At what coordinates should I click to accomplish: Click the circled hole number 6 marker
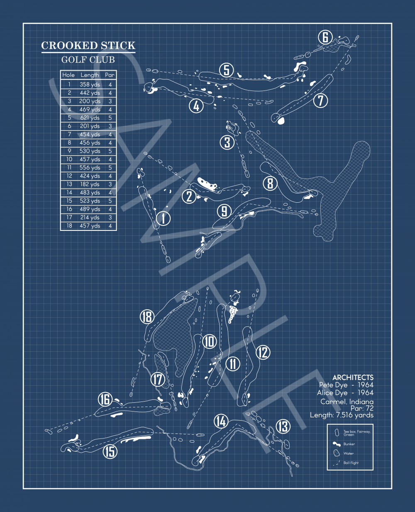(x=325, y=37)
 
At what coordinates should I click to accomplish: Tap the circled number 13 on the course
(x=283, y=426)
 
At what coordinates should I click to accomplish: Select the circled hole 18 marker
(x=147, y=317)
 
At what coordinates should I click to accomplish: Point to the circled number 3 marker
(x=227, y=142)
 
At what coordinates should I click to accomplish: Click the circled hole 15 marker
(x=110, y=451)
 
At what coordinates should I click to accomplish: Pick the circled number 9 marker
(x=224, y=211)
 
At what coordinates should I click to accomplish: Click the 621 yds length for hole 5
(x=90, y=118)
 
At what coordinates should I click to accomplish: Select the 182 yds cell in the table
(x=90, y=184)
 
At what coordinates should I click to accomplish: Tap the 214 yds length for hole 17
(x=90, y=218)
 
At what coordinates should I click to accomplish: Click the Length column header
(x=90, y=75)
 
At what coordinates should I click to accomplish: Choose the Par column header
(x=110, y=75)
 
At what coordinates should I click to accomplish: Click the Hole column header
(x=68, y=75)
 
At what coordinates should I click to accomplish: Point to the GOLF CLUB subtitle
(x=88, y=60)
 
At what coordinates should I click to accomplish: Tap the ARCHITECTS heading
(x=353, y=377)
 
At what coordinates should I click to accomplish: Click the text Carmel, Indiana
(x=347, y=402)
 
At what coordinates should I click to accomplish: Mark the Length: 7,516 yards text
(x=342, y=415)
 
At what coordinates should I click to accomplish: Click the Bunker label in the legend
(x=349, y=444)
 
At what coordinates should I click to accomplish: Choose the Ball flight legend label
(x=351, y=463)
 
